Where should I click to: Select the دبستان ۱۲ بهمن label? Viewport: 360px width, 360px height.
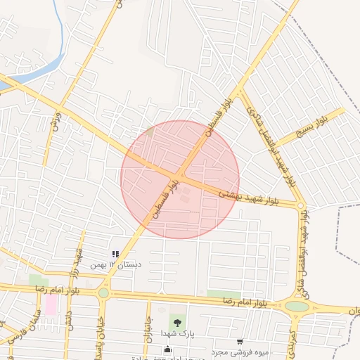point(116,264)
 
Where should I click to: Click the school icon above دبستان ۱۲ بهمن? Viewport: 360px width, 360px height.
point(115,254)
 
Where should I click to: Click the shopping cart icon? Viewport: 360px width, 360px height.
point(240,342)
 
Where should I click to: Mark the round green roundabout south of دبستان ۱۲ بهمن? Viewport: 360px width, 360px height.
point(104,292)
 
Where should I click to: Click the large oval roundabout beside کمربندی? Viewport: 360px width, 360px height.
point(297,307)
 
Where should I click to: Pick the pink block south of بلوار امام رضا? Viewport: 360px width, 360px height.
point(51,304)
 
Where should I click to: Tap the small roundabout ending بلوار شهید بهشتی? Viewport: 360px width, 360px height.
point(301,206)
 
